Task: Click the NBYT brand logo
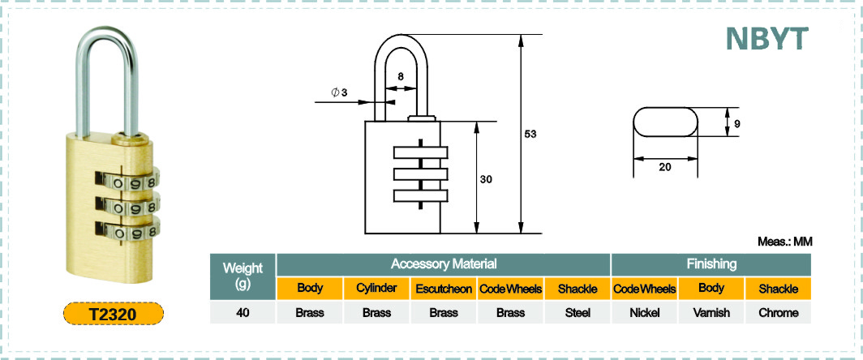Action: (766, 39)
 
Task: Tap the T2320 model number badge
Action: (114, 314)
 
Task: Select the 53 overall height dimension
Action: (530, 135)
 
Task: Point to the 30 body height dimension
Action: (485, 179)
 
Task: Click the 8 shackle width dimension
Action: (400, 76)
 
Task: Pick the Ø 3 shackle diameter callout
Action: (339, 92)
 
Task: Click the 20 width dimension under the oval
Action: (665, 168)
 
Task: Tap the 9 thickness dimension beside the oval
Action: (737, 124)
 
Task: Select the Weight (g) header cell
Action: (243, 276)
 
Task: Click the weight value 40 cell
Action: (243, 313)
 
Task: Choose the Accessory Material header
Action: (444, 264)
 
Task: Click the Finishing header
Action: (711, 264)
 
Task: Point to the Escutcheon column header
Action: (444, 289)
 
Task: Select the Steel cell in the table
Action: (577, 313)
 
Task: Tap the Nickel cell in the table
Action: (645, 313)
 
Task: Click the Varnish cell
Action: (711, 313)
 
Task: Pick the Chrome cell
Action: (779, 313)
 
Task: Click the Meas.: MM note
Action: (785, 242)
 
